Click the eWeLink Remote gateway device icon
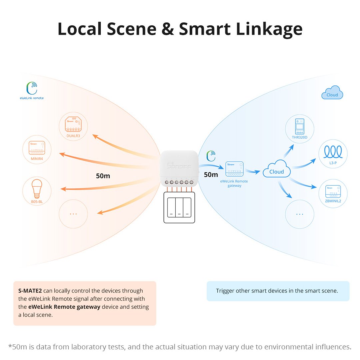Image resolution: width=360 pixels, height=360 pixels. tap(234, 169)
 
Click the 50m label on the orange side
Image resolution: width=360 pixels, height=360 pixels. tap(103, 176)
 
